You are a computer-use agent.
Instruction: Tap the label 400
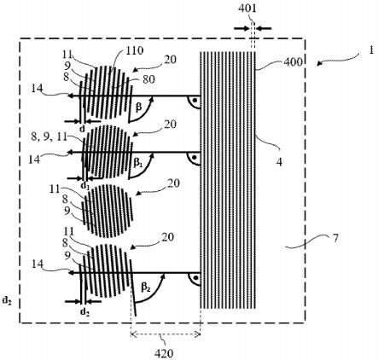[x=275, y=64]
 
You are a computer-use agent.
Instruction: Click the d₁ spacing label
[x=84, y=184]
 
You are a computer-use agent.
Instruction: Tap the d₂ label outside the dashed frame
[x=8, y=299]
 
